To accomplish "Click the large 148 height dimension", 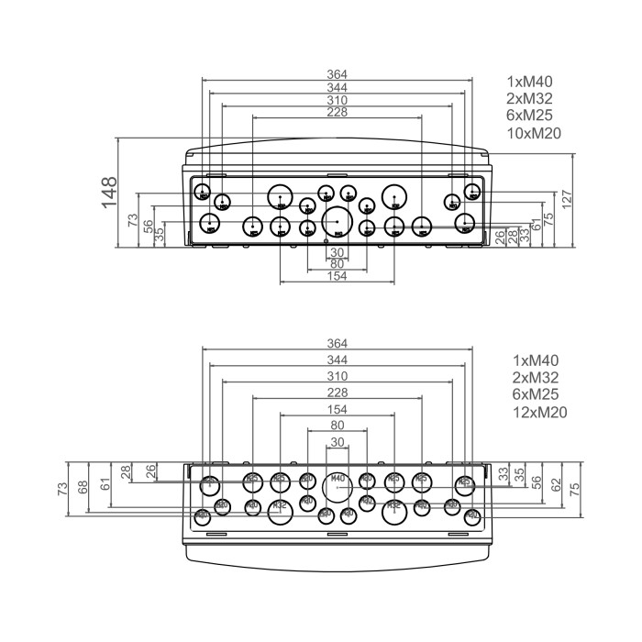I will [109, 193].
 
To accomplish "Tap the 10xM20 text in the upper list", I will [533, 134].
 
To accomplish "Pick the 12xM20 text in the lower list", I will [539, 412].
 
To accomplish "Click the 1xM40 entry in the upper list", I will [529, 81].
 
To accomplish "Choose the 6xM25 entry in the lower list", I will [536, 394].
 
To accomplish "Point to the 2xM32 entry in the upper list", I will [529, 98].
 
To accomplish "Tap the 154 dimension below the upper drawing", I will [337, 277].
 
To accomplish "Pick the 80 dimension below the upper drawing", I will [337, 264].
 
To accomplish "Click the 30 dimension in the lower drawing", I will [338, 442].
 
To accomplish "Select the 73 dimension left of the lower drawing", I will [63, 487].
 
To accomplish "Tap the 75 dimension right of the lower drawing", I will [575, 487].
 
